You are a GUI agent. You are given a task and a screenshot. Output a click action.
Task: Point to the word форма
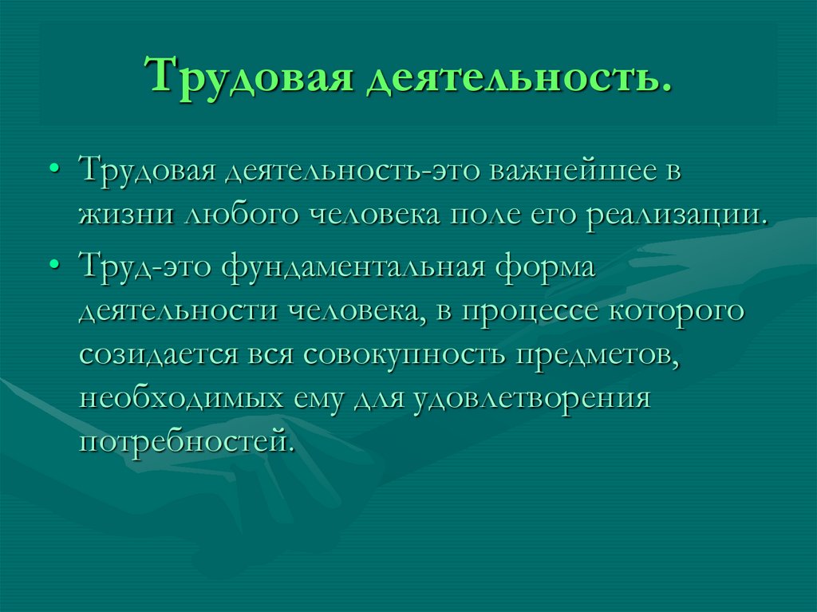(x=543, y=268)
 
